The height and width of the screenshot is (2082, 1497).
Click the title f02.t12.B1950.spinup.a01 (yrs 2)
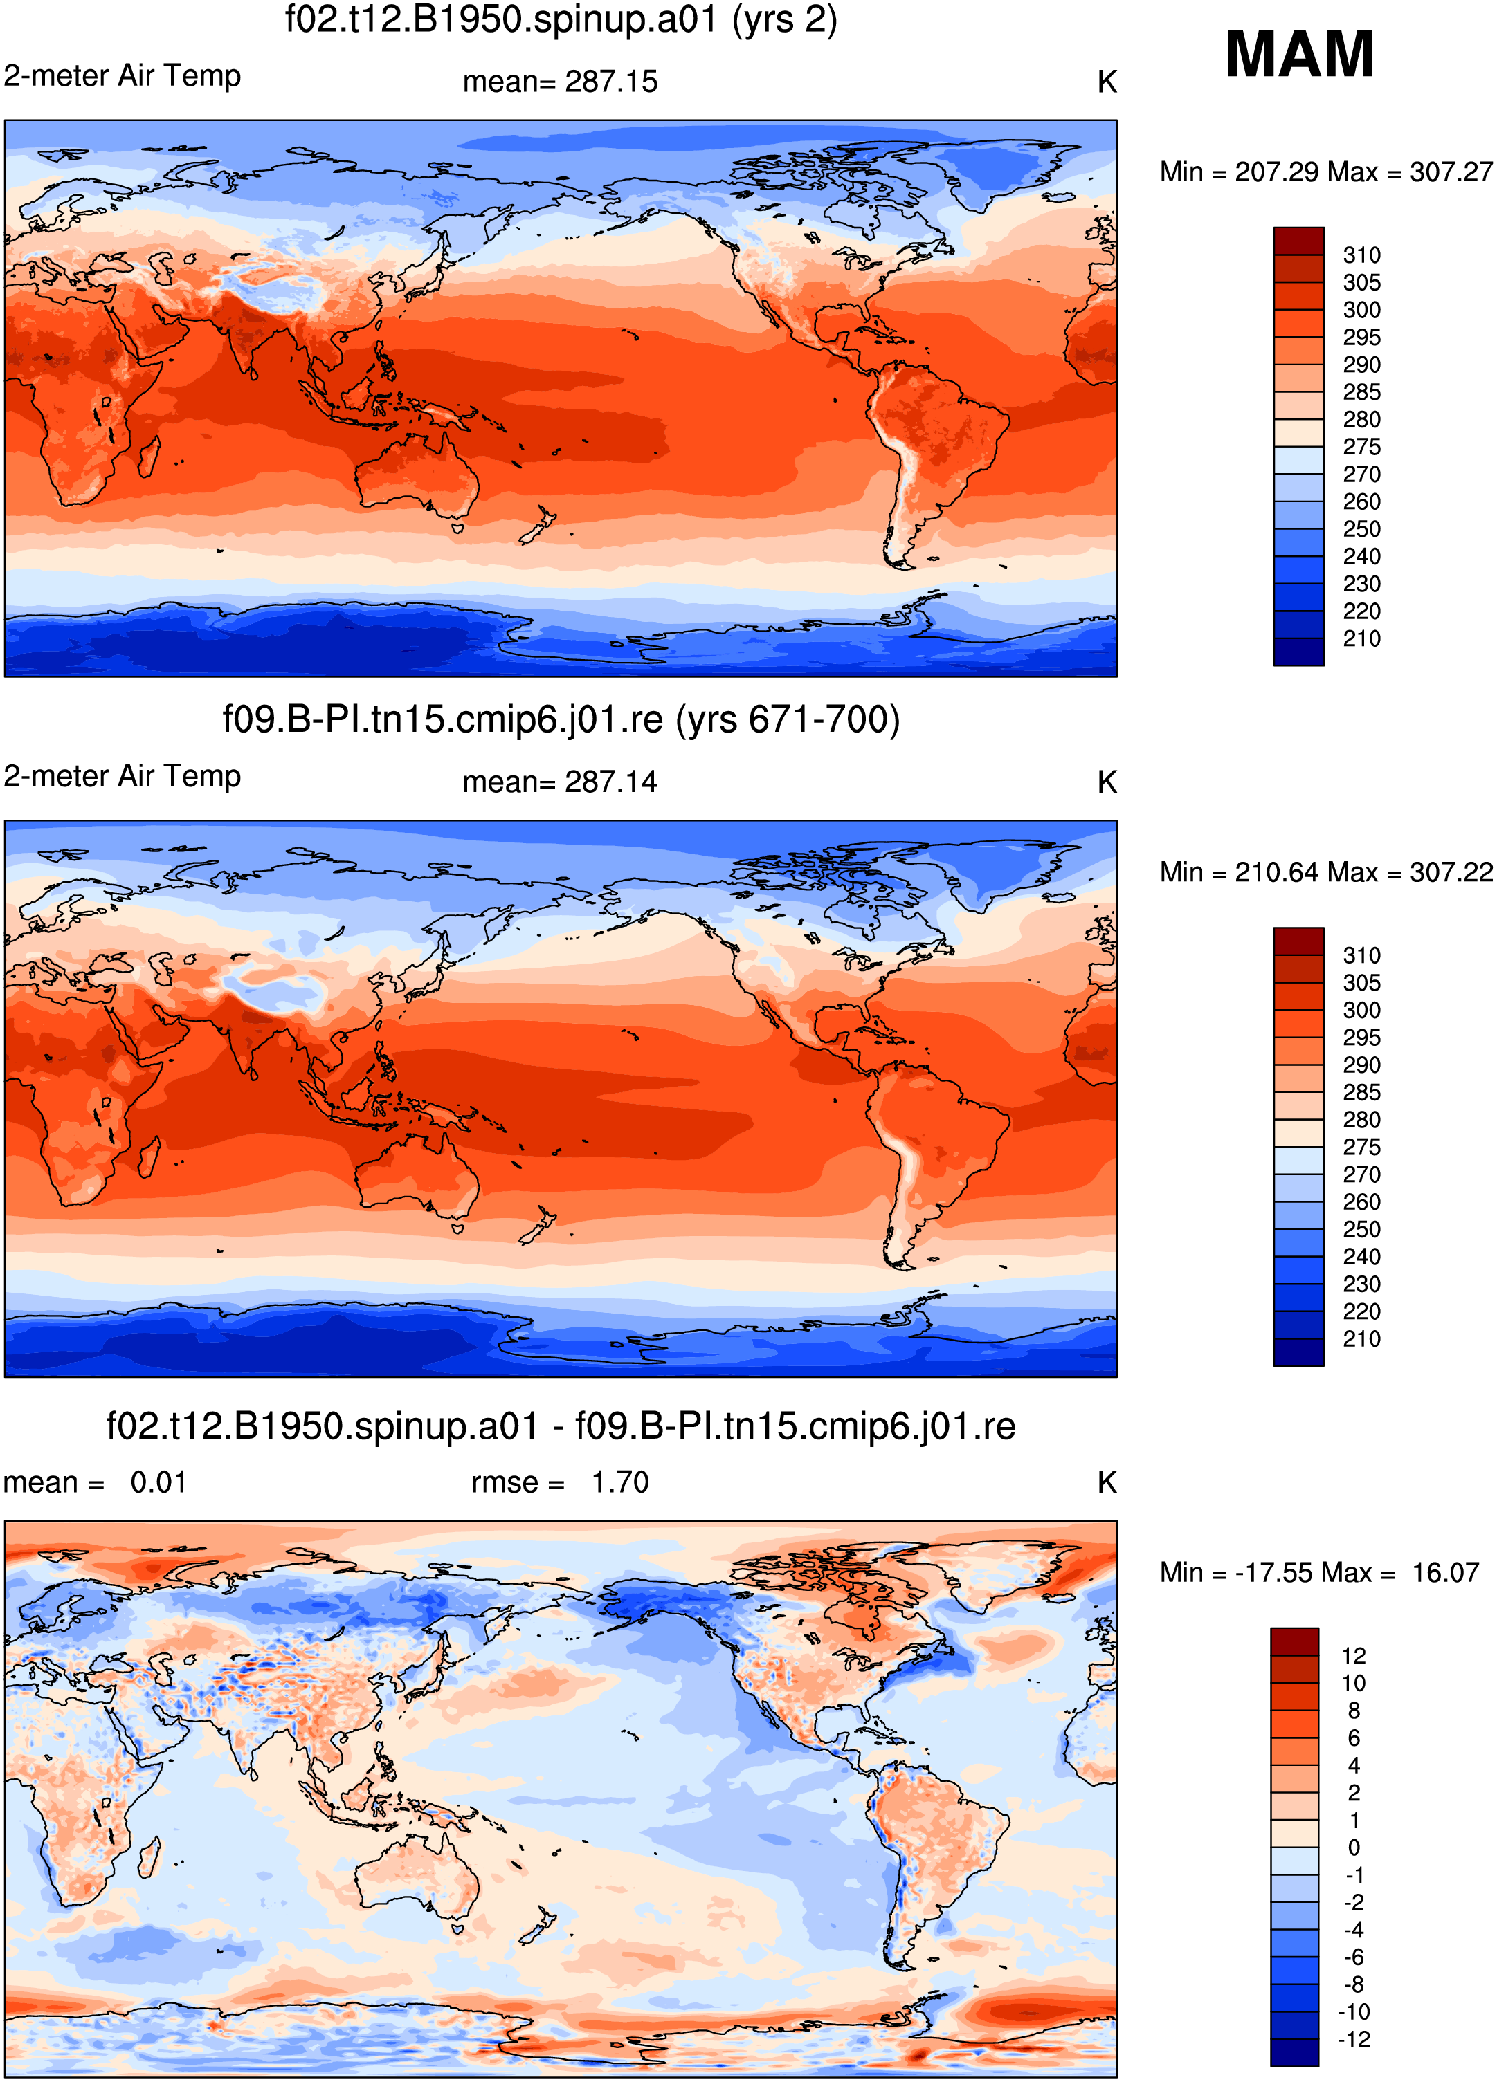click(x=561, y=20)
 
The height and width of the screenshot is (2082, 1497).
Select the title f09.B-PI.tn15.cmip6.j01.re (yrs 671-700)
click(x=561, y=719)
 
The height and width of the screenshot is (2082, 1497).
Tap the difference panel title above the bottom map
click(x=561, y=1426)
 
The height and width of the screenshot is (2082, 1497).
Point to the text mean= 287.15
click(x=560, y=82)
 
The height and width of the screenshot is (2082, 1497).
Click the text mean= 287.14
click(x=560, y=782)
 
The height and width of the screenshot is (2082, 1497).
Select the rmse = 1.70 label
click(x=560, y=1482)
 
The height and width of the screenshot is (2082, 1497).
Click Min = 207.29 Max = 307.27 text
click(x=1326, y=172)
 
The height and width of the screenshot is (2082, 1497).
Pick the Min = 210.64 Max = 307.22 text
click(x=1326, y=872)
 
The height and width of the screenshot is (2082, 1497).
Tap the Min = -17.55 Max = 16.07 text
click(x=1320, y=1572)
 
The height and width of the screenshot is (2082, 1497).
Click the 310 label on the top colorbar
click(x=1361, y=255)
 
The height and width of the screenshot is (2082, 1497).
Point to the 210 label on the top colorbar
click(x=1361, y=639)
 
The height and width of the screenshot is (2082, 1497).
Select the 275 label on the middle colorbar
click(x=1361, y=1148)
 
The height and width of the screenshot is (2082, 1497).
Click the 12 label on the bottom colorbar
click(x=1354, y=1656)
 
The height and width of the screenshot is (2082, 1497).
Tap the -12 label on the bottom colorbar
click(x=1354, y=2040)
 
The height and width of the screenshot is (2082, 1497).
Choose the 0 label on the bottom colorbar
click(x=1354, y=1848)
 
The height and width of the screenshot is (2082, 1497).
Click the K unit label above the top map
click(x=1107, y=82)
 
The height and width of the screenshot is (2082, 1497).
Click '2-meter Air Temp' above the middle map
click(x=122, y=775)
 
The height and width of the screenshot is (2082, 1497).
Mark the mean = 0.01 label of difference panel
click(x=96, y=1482)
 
